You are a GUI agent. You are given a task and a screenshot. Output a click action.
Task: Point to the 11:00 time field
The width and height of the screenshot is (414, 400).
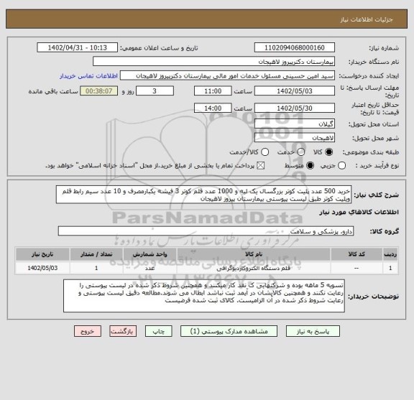(212, 91)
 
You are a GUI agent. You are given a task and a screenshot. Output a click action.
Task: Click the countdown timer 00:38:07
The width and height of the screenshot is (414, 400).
(98, 91)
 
